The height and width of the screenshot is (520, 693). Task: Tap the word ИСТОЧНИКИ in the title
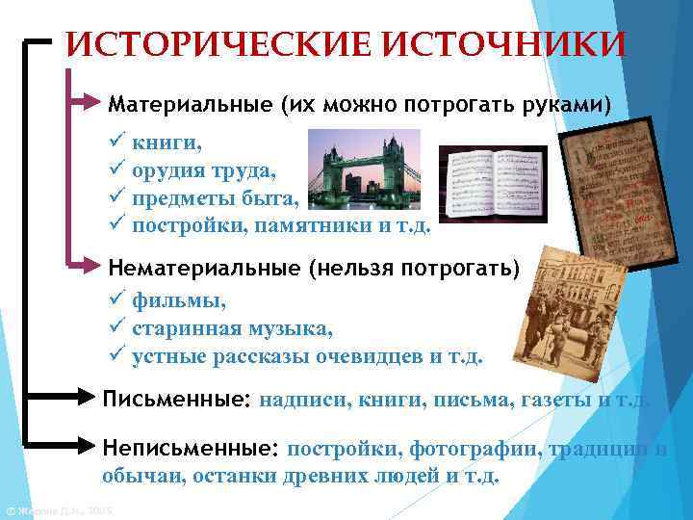[x=500, y=43]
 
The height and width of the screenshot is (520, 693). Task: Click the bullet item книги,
[x=167, y=144]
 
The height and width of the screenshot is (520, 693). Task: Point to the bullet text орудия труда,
[x=203, y=171]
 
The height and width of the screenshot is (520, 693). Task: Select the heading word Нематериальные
[x=203, y=266]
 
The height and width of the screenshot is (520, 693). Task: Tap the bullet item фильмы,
[x=179, y=301]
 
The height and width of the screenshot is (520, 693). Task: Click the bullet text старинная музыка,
[x=232, y=328]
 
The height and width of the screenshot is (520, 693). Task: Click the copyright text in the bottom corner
[x=58, y=510]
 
